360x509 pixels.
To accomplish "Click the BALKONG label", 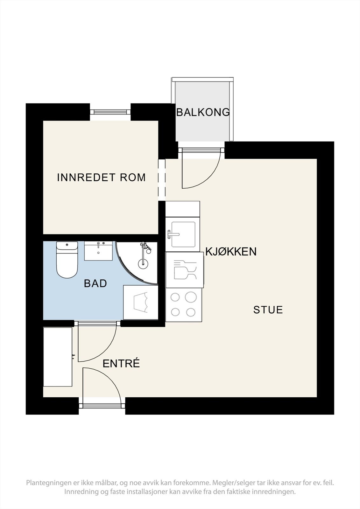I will point(203,112).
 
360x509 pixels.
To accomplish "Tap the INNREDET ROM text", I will point(101,178).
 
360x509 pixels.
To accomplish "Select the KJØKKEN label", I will point(231,252).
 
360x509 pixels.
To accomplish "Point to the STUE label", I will point(268,310).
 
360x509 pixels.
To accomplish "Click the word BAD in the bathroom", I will point(95,283).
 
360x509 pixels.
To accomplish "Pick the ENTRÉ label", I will point(121,364).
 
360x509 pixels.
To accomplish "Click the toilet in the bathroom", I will point(67,260).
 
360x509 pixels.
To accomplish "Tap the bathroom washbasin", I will point(98,251).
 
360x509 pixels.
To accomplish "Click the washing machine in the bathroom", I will point(141,302).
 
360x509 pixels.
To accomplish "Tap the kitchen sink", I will point(183,234).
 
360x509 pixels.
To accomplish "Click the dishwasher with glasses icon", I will point(184,270).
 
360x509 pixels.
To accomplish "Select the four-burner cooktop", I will point(184,305).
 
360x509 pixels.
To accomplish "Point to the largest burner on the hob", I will point(190,297).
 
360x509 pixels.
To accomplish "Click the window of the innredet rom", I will point(110,112).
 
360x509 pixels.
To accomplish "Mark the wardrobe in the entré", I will point(58,357).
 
